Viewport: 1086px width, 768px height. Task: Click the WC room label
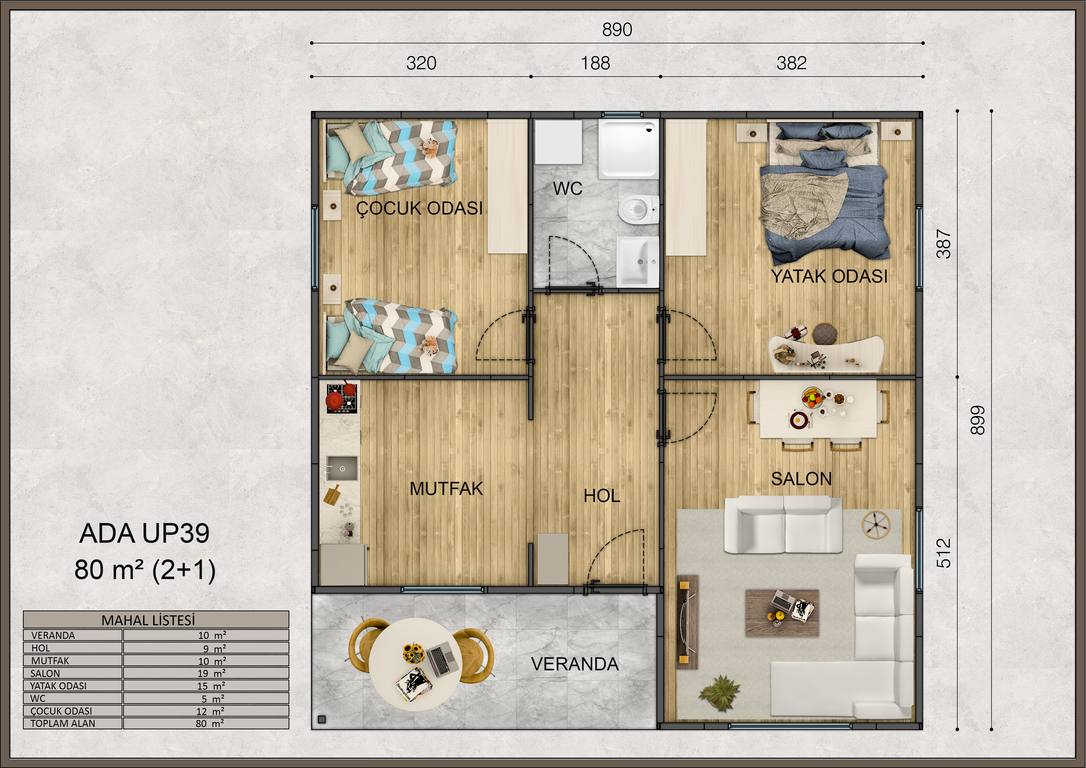tap(568, 188)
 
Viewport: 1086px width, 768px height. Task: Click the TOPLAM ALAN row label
tap(63, 723)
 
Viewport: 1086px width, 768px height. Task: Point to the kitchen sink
tap(341, 469)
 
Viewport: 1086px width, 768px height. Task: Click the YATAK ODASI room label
tap(829, 276)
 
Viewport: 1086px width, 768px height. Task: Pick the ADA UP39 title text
tap(144, 533)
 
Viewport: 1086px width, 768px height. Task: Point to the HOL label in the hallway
tap(602, 496)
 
